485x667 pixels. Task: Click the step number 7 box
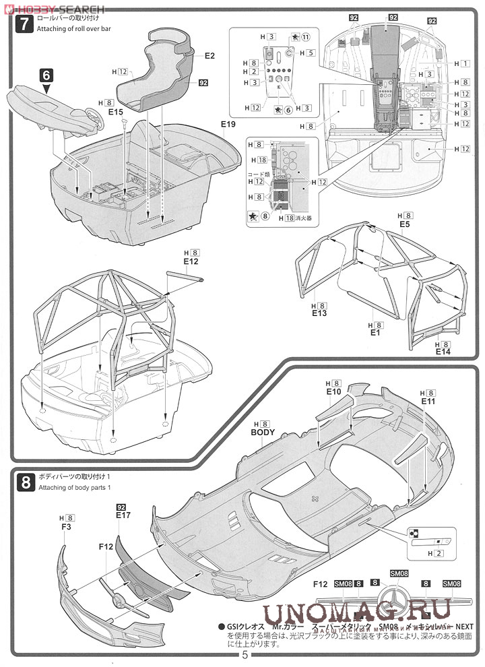coord(24,24)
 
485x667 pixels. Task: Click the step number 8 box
coord(24,482)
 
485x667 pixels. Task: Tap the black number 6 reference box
coord(46,74)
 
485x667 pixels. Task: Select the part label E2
coord(209,56)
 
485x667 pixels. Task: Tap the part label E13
coord(319,314)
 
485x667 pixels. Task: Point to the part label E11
coord(429,401)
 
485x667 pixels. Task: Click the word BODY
coord(263,433)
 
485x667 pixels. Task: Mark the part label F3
coord(66,528)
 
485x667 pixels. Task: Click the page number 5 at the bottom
coord(245,654)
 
